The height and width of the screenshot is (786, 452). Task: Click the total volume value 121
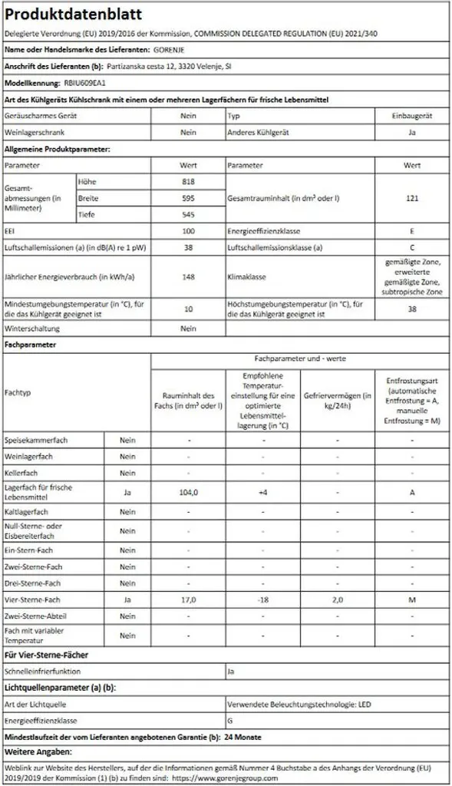tap(412, 198)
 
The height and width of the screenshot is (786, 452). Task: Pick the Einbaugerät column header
tap(412, 116)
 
